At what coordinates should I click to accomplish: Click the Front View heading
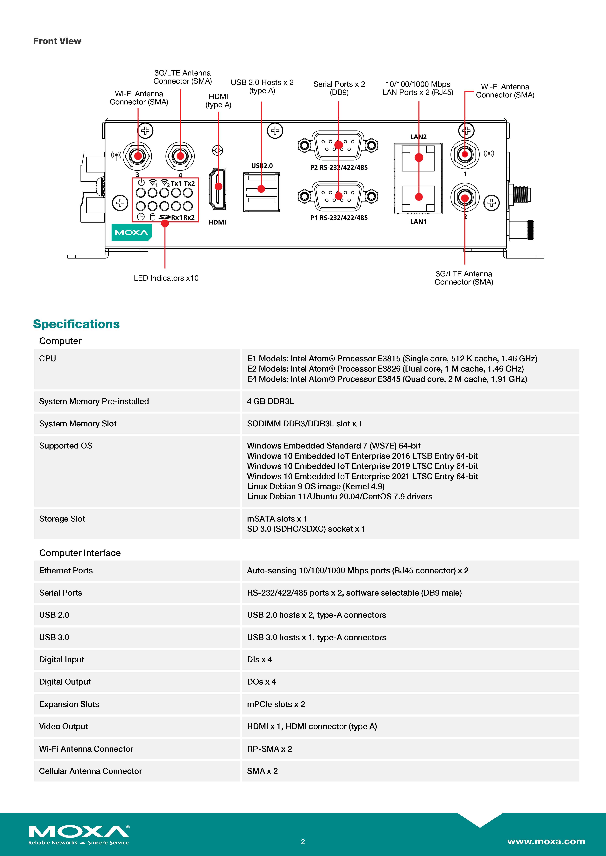57,41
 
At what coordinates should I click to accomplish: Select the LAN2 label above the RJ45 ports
418,137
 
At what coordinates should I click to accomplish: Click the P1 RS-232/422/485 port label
339,218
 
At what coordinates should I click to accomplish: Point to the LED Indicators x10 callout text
166,278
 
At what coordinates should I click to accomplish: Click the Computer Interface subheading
80,553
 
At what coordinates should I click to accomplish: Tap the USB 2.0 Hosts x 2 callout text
262,87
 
